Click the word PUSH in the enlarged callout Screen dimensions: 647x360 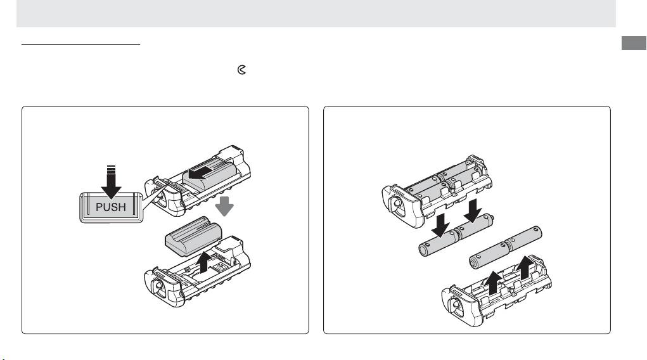tap(111, 207)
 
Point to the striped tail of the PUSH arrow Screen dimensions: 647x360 tap(111, 169)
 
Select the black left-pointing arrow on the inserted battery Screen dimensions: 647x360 tap(200, 172)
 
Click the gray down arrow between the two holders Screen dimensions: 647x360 tap(224, 206)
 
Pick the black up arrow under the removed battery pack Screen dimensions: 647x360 tap(204, 263)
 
